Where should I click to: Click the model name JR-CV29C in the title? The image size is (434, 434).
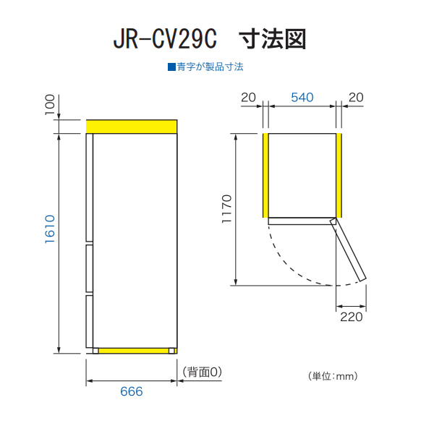165,39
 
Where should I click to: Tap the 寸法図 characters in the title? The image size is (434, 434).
273,39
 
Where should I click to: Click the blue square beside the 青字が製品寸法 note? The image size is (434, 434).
171,67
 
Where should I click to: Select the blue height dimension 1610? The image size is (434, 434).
50,229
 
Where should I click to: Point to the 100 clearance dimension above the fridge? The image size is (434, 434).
50,105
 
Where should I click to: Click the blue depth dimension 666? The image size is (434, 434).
132,391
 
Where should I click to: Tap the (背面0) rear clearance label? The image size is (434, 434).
203,372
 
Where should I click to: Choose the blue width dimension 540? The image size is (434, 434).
302,98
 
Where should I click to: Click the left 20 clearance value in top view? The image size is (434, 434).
248,98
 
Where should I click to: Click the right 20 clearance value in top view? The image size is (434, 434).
356,98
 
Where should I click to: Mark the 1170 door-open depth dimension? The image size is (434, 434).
226,209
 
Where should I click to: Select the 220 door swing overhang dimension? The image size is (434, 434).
352,317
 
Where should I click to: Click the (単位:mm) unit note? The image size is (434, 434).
333,376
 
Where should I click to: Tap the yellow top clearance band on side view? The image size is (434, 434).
132,127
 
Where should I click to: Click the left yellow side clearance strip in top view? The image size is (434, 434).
265,176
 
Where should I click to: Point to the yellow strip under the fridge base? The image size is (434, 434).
134,351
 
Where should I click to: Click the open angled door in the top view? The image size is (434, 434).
348,249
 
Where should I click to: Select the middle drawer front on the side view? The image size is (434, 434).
90,268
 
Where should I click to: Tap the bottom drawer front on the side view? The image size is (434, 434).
90,321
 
